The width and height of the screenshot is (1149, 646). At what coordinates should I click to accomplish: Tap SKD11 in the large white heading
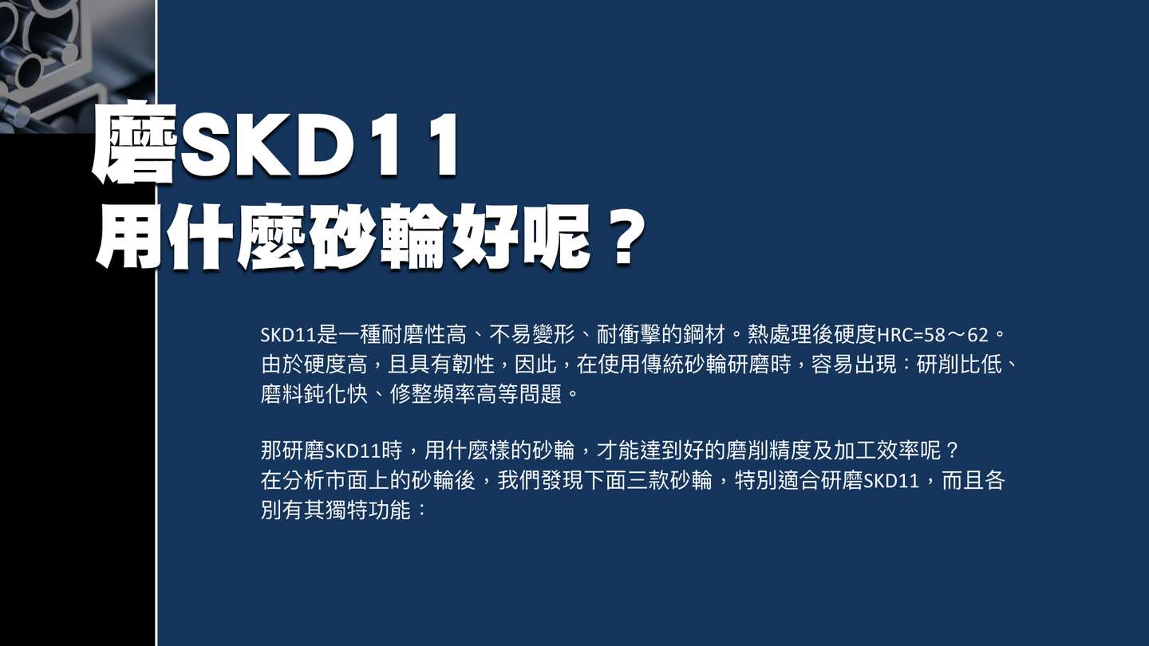click(318, 145)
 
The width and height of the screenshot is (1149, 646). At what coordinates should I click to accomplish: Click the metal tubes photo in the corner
click(77, 67)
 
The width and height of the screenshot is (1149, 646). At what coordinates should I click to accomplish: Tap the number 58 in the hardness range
click(934, 335)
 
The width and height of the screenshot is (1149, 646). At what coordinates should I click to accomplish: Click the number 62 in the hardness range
click(977, 335)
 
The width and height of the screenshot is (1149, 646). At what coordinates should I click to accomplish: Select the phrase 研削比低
click(959, 364)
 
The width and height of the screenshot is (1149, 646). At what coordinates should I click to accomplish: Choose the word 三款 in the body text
click(649, 480)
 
